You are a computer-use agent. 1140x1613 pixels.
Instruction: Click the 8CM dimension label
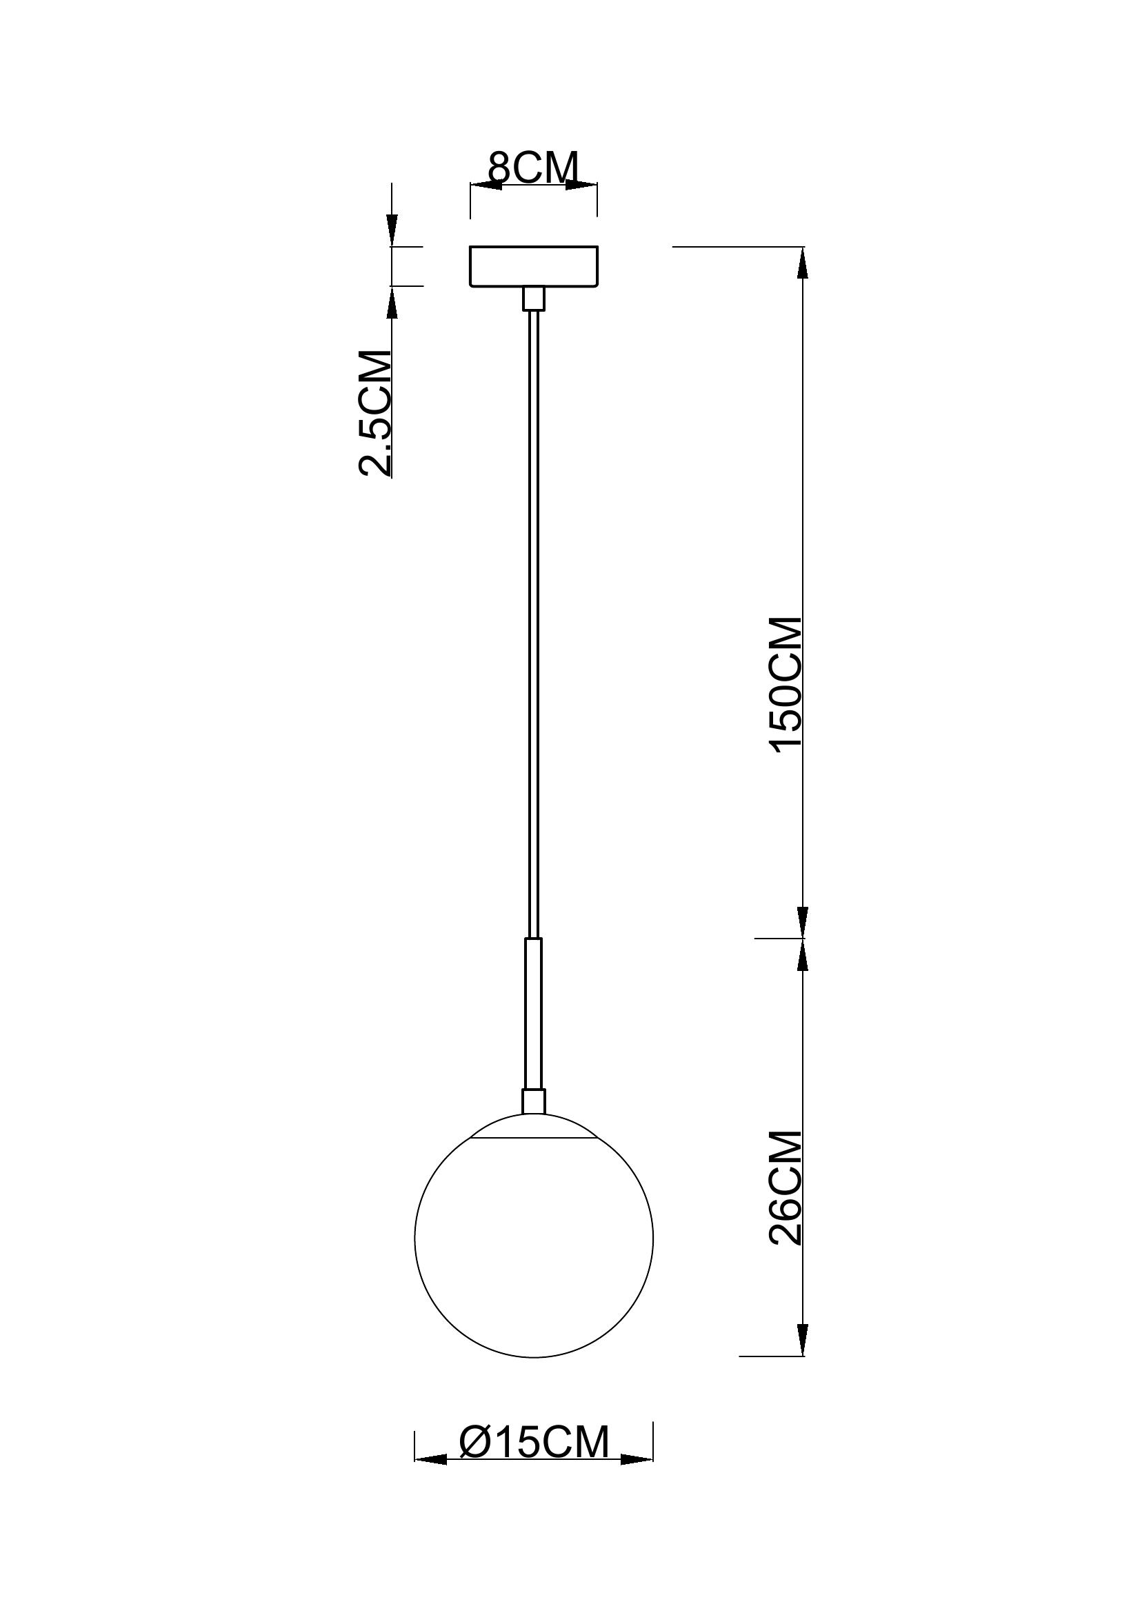point(533,167)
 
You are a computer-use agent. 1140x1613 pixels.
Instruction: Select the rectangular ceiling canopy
point(534,266)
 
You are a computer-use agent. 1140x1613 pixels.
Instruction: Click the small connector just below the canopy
point(534,299)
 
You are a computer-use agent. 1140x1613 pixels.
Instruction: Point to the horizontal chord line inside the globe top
point(534,1156)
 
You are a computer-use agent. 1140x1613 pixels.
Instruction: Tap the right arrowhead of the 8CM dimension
point(581,186)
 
